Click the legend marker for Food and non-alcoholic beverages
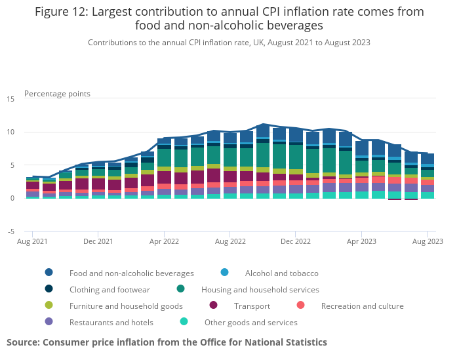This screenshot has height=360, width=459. [49, 273]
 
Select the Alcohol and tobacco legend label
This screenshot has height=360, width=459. [281, 273]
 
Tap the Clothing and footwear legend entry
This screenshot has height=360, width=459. [110, 289]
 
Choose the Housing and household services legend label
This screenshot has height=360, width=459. [260, 289]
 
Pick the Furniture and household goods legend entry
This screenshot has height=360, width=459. [126, 306]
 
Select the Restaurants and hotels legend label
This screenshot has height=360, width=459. [111, 322]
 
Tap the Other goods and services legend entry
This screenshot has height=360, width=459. [250, 322]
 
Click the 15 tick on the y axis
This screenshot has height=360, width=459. [10, 99]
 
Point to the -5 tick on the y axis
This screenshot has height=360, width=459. [10, 231]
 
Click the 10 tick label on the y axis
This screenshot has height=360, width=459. [10, 132]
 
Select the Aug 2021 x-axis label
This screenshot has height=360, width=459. [33, 241]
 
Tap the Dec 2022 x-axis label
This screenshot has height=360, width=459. [295, 241]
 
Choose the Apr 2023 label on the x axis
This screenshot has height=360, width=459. [361, 241]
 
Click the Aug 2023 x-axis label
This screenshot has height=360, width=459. [427, 241]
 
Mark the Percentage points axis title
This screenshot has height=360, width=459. [57, 94]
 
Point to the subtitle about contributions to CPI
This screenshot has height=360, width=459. [229, 43]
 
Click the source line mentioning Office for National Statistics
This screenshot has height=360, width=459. [167, 342]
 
